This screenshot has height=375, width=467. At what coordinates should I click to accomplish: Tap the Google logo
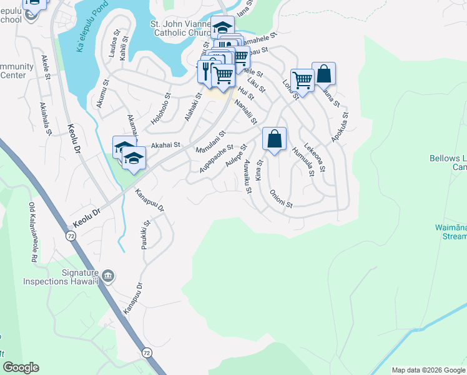point(21,367)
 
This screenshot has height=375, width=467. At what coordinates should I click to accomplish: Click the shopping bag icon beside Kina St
point(275,139)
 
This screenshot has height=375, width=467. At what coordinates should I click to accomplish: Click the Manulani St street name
point(210,143)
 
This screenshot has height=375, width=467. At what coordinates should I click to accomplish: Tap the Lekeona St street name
point(315,156)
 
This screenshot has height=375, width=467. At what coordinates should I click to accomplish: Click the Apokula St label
point(341,129)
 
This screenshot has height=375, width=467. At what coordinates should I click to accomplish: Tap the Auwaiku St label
point(247,176)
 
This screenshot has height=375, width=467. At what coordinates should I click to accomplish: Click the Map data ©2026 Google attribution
point(428,370)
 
